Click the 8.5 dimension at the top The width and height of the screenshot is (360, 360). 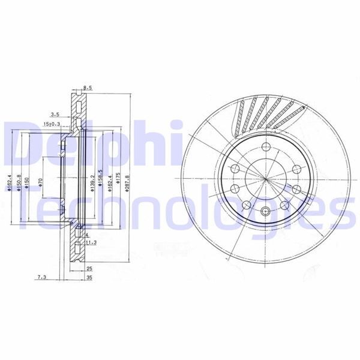pos(88,88)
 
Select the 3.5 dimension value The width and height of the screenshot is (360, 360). pos(55,113)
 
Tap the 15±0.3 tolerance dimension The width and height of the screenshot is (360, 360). pos(52,124)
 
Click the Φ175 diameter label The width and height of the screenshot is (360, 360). pos(119,179)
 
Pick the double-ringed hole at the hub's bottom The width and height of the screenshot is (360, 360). pos(266,210)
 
